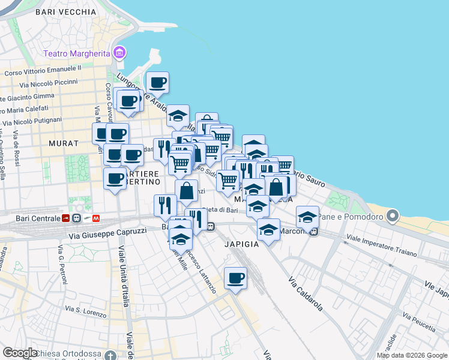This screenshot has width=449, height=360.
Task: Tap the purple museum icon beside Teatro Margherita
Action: [x=119, y=53]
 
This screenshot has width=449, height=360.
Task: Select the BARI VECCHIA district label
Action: [x=65, y=11]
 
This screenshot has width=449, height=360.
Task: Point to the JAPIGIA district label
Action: [x=241, y=244]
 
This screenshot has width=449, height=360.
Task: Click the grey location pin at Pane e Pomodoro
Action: [x=393, y=215]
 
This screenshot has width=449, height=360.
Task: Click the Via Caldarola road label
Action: [x=306, y=293]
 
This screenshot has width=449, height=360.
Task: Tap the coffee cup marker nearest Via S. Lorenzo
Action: [x=236, y=278]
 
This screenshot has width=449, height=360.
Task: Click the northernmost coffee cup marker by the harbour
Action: [x=157, y=82]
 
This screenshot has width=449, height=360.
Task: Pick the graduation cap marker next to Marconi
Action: [x=307, y=217]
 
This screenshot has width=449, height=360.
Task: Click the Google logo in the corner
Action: [x=19, y=353]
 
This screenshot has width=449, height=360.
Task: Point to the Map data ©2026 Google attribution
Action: [x=411, y=355]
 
